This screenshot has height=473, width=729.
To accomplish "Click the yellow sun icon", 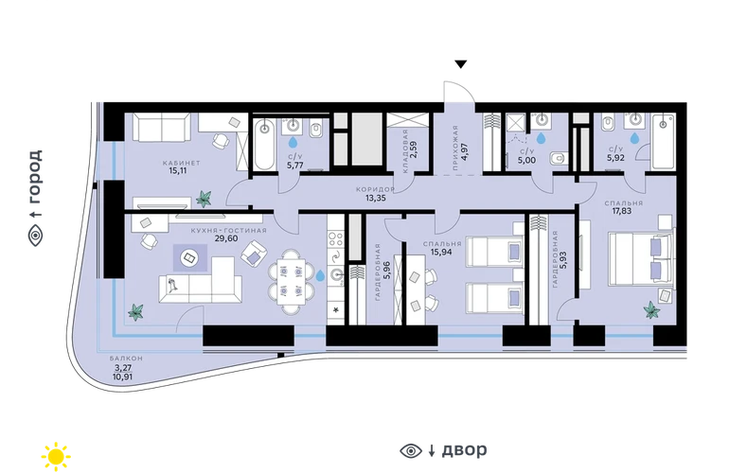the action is (56, 456).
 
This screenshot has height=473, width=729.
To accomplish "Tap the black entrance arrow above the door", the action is (461, 64).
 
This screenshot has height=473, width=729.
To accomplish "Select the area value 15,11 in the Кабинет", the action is (178, 170).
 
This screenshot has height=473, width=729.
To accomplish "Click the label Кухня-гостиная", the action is (229, 231).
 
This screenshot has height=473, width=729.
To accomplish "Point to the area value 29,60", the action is (226, 238).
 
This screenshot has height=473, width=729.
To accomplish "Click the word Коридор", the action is (375, 189).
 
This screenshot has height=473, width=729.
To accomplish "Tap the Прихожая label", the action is (455, 148).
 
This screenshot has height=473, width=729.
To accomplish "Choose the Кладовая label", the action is (404, 151).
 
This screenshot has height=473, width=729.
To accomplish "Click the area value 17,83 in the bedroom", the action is (622, 211).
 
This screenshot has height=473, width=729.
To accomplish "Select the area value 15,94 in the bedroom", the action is (441, 252).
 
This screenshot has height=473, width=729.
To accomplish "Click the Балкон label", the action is (126, 359).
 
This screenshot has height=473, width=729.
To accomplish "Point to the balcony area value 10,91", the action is (122, 377).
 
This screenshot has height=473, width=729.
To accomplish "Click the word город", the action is (35, 177).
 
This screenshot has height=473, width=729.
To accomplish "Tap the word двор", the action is (464, 449).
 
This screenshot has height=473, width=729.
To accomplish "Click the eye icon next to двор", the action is (411, 450).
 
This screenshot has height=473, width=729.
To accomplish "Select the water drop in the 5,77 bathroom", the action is (293, 142).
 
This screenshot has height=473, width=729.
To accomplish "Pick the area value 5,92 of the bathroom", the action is (615, 158).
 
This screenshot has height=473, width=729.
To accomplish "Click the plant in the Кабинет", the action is (204, 199).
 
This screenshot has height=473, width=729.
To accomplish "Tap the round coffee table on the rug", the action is (189, 257).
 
